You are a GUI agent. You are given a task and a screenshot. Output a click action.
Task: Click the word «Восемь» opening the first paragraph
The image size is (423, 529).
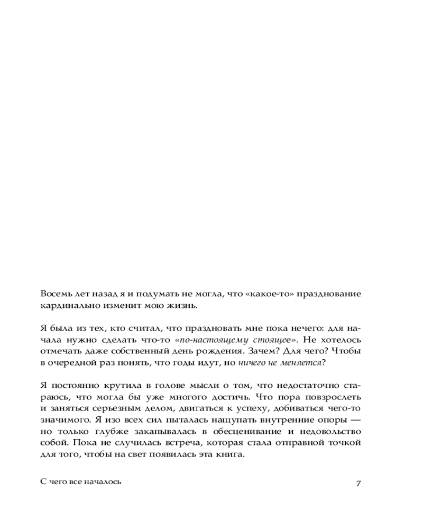click(54, 294)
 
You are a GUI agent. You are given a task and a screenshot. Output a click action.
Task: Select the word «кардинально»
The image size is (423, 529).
click(66, 306)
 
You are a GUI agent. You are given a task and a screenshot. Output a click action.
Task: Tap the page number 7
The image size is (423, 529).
click(358, 483)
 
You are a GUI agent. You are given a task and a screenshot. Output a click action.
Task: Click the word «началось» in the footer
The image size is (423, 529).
click(103, 482)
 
